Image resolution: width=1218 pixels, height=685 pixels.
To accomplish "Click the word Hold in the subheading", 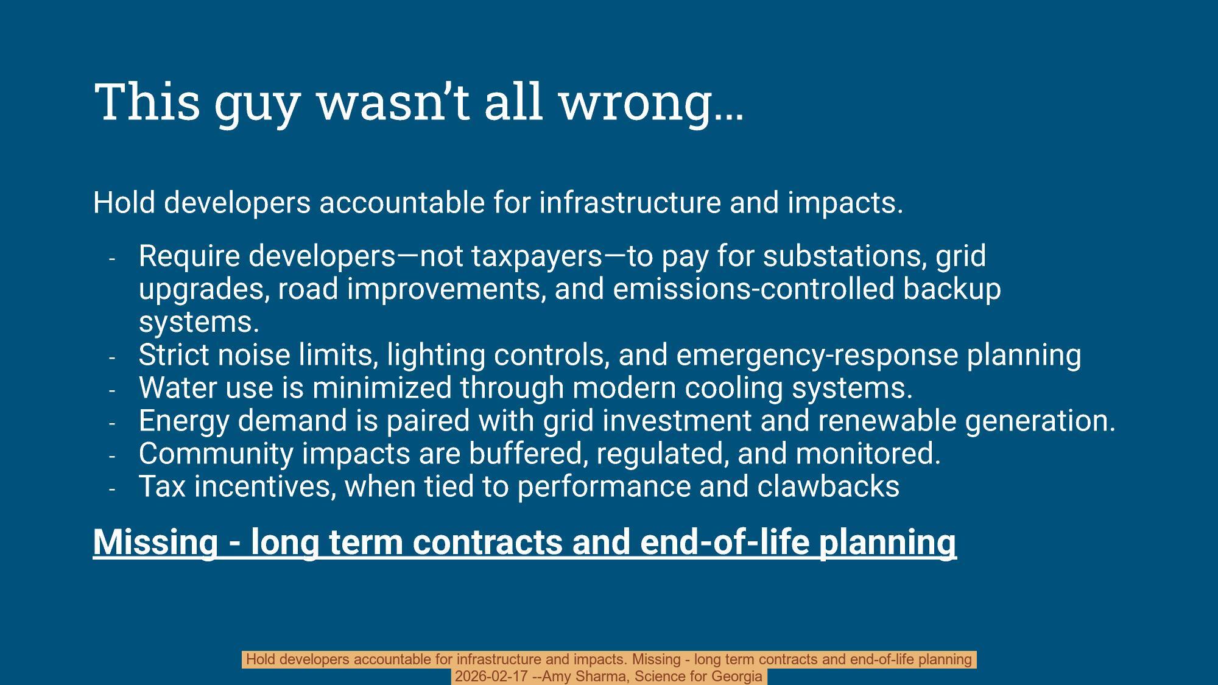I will coord(124,202).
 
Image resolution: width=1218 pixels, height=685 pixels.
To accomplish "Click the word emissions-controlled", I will coord(753,289).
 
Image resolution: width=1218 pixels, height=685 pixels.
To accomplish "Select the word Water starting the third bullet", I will coord(177,388).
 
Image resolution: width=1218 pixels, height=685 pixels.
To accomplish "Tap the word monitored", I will coord(868,454).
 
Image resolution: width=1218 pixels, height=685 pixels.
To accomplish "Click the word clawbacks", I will coord(828,487).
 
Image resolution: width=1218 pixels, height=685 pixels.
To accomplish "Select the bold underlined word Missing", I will coord(155,541).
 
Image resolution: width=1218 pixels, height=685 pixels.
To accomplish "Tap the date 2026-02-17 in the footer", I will coord(491,676).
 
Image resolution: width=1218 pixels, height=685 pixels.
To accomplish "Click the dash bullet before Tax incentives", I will coord(112,488).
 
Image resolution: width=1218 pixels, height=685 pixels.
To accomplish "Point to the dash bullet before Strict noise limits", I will coord(112,357).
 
